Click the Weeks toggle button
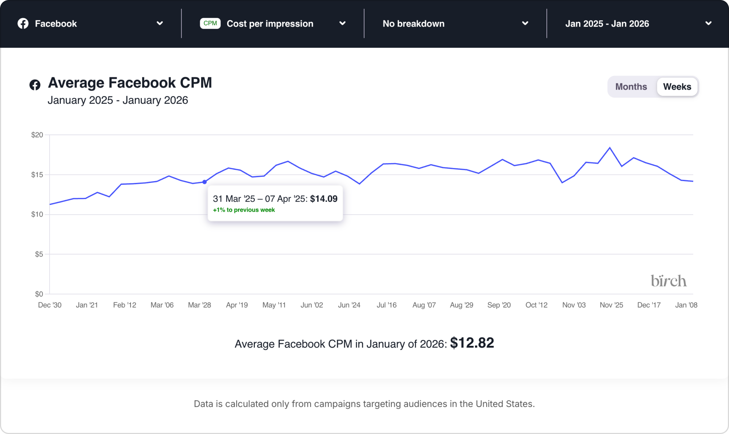click(677, 87)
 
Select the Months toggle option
click(631, 87)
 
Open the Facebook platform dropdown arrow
click(160, 23)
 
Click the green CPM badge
click(210, 23)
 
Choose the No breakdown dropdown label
click(413, 24)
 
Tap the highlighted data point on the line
click(204, 182)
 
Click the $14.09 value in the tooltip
click(324, 199)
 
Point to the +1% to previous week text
click(244, 210)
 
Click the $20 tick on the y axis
click(37, 135)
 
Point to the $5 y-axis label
click(39, 254)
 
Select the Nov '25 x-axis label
click(611, 305)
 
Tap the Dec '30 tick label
click(50, 305)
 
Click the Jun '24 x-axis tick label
click(349, 305)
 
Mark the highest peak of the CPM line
click(610, 148)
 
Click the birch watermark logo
click(668, 281)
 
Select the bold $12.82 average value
click(472, 343)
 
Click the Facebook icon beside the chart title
click(35, 85)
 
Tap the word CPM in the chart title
click(196, 83)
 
